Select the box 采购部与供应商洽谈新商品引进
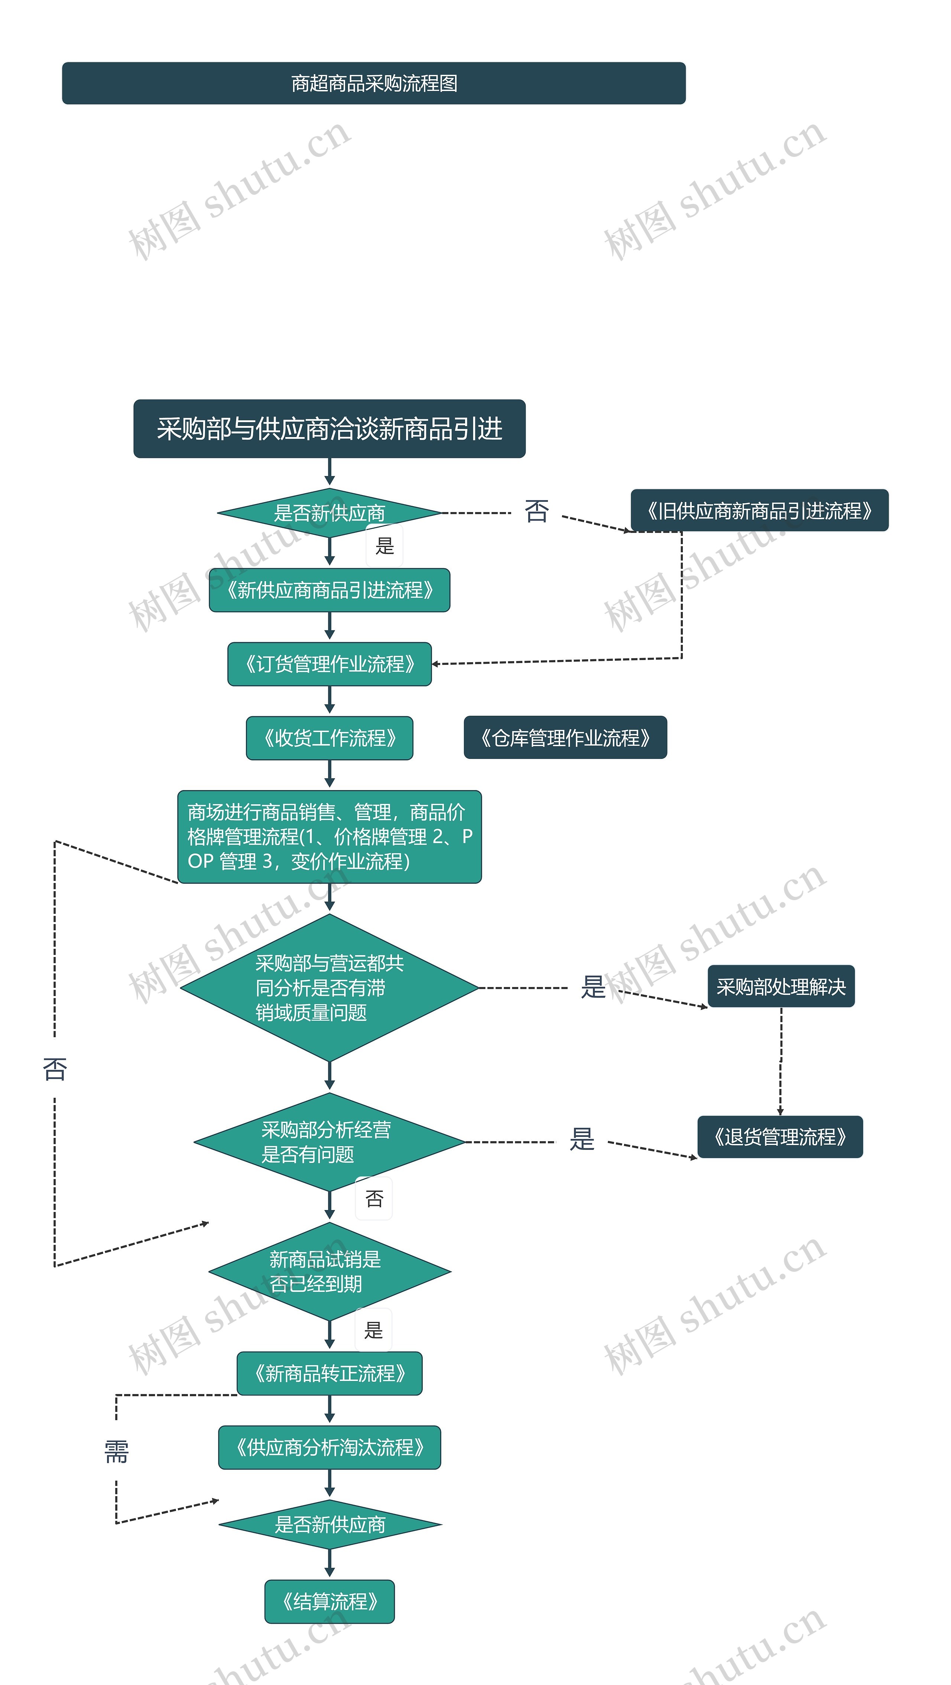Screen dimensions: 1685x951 329,428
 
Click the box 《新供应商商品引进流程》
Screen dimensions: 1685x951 329,590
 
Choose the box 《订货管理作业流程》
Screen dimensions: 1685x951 329,664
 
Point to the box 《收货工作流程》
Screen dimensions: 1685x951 329,738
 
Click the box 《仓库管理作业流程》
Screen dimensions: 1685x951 565,737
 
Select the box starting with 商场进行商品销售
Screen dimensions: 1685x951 329,837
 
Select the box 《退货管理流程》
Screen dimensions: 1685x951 780,1137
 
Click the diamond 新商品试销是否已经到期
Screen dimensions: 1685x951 329,1272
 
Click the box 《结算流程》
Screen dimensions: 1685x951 329,1601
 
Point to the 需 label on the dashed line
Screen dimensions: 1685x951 116,1452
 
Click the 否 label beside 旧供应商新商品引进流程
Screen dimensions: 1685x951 536,511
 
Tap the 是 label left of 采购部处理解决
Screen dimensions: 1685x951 593,986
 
